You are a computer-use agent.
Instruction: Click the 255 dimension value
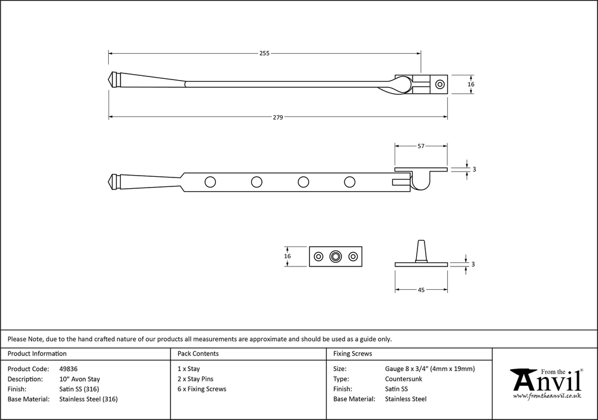coord(264,53)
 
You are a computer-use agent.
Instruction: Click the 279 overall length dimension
coord(277,117)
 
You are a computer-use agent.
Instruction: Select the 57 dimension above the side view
coord(421,145)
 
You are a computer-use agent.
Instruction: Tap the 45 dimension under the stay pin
coord(421,290)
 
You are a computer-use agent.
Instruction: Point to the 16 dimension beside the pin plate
coord(288,256)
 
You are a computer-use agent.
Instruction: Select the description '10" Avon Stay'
coord(80,379)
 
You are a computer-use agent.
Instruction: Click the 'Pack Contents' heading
coord(198,354)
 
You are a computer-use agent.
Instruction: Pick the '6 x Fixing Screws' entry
coord(202,389)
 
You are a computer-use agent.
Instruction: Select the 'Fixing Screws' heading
coord(352,354)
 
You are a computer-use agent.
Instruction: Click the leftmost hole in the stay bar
coord(210,182)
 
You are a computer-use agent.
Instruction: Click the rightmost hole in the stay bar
coord(350,182)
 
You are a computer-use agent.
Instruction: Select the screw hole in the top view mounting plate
coord(441,84)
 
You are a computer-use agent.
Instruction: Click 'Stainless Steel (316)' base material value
coord(89,399)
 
